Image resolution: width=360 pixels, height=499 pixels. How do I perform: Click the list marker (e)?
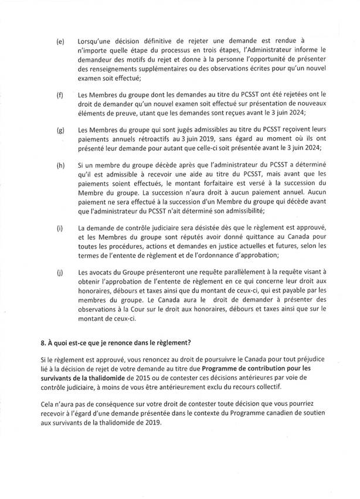pyautogui.click(x=60, y=42)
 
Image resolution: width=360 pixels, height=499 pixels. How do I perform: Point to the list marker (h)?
pyautogui.click(x=60, y=167)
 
